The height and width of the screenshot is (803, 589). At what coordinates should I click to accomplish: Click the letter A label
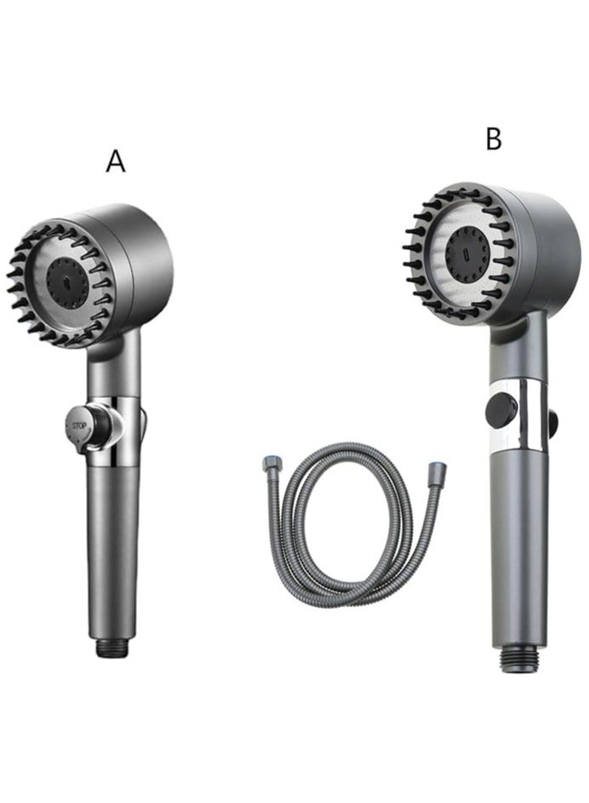tap(116, 161)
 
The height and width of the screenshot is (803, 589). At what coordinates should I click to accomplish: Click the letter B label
tap(494, 139)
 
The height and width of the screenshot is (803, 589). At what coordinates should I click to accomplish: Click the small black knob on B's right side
tap(555, 419)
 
